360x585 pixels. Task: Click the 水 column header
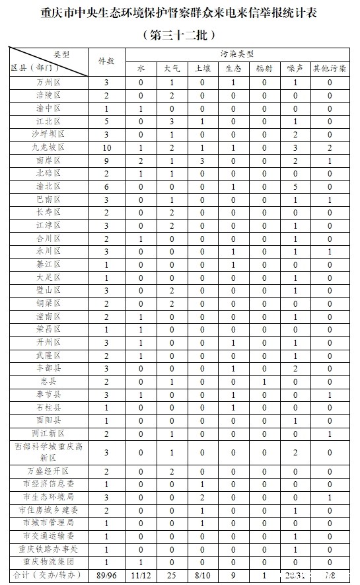141,68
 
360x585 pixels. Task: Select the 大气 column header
170,68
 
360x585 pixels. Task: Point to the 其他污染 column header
330,68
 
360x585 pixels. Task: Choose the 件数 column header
106,61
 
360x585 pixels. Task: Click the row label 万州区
49,83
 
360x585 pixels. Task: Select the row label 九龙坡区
49,147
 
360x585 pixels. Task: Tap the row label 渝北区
49,186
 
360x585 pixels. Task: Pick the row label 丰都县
49,368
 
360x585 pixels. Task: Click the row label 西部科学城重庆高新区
49,452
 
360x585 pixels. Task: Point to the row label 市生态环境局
49,496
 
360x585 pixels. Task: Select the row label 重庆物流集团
49,561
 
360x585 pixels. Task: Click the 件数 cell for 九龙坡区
106,147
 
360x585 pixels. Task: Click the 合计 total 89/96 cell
106,575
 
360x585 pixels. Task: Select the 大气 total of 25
170,575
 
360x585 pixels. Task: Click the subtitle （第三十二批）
180,33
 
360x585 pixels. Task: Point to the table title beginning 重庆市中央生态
180,13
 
